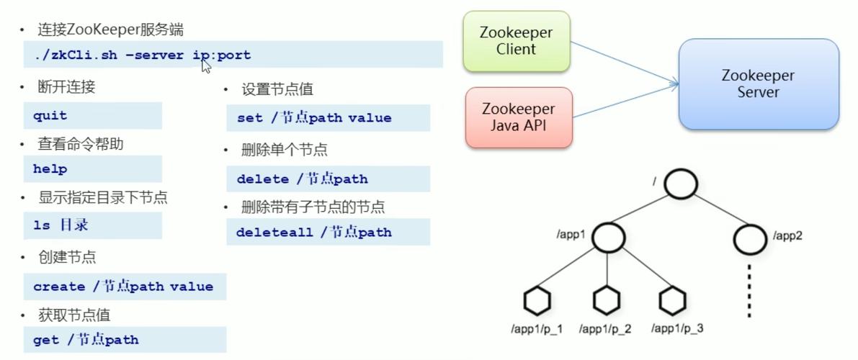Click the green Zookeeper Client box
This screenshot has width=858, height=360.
pyautogui.click(x=517, y=41)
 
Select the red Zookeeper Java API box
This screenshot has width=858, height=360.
pyautogui.click(x=519, y=117)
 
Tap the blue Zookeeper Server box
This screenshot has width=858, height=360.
pyautogui.click(x=759, y=84)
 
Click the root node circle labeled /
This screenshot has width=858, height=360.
pyautogui.click(x=681, y=184)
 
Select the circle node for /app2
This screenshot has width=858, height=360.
pyautogui.click(x=751, y=237)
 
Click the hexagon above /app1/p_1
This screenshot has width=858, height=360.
pyautogui.click(x=537, y=301)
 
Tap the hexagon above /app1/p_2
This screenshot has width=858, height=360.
pyautogui.click(x=607, y=301)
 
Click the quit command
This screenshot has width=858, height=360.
pyautogui.click(x=50, y=116)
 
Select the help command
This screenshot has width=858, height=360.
pyautogui.click(x=50, y=170)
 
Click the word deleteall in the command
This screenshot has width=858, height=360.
pyautogui.click(x=274, y=233)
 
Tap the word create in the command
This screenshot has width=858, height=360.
pyautogui.click(x=59, y=287)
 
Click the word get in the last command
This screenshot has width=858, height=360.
pyautogui.click(x=46, y=340)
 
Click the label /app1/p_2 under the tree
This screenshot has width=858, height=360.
pyautogui.click(x=605, y=329)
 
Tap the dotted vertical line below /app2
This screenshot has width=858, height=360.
pyautogui.click(x=750, y=292)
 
